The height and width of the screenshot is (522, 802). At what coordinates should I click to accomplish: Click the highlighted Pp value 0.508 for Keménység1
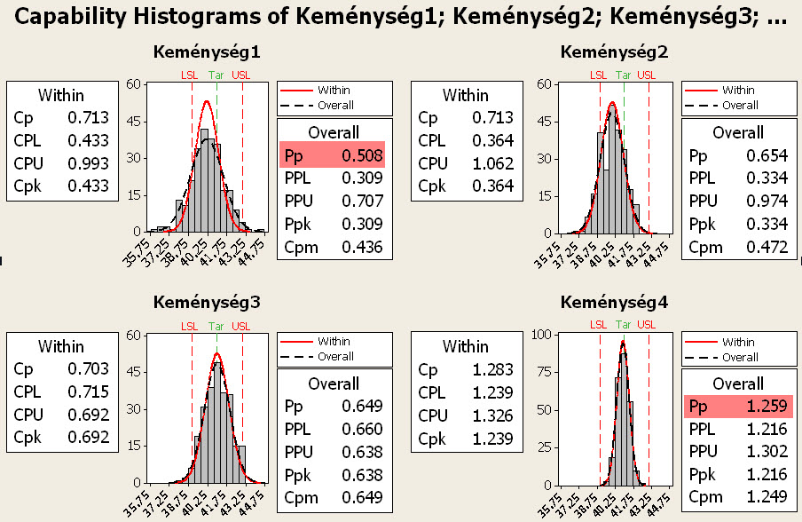[x=364, y=156]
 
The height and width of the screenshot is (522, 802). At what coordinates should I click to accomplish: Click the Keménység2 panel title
[x=614, y=51]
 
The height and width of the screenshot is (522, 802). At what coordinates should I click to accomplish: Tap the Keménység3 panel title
[x=207, y=303]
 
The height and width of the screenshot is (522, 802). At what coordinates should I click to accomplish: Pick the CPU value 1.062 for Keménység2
[x=492, y=163]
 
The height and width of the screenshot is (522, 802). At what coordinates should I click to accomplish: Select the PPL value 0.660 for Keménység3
[x=364, y=430]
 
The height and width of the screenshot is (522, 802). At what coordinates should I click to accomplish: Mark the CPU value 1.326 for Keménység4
[x=492, y=415]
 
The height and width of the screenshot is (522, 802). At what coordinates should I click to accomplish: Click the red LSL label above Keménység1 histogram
[x=190, y=75]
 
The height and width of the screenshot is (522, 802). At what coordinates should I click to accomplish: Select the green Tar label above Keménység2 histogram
[x=624, y=75]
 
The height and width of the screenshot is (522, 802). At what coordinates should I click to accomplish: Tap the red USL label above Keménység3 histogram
[x=240, y=328]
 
